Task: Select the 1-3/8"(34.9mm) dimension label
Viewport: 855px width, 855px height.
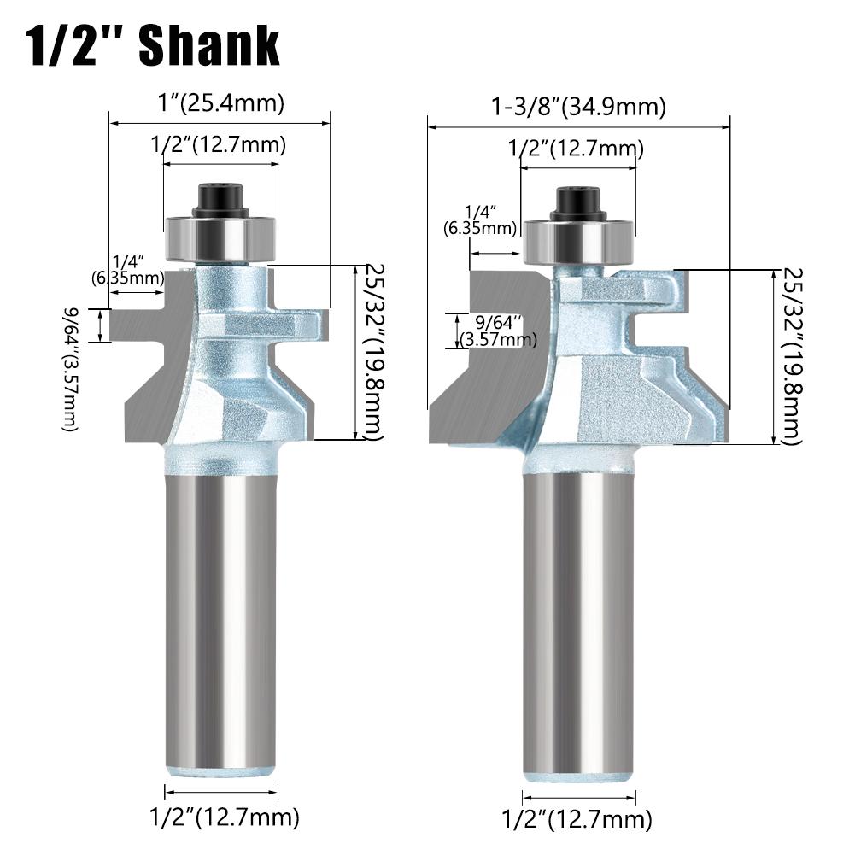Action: click(x=578, y=108)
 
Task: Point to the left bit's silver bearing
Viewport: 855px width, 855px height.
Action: click(x=220, y=234)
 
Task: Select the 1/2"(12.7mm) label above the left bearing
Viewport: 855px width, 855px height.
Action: click(x=219, y=145)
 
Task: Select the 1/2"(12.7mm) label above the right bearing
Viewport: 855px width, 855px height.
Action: click(x=576, y=149)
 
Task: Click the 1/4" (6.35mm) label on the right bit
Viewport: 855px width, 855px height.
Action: click(x=480, y=220)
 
